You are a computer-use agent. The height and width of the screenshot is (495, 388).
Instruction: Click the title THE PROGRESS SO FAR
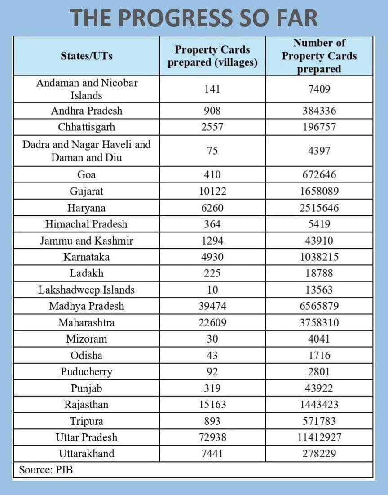194,18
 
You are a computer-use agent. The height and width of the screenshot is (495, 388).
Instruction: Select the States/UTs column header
87,56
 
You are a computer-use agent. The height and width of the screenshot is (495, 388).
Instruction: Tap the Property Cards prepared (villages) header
212,56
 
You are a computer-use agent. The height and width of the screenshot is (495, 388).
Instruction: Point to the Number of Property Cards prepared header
319,56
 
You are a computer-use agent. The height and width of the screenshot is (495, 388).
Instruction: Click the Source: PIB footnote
46,470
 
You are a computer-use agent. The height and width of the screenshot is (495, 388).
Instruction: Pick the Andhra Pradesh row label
87,111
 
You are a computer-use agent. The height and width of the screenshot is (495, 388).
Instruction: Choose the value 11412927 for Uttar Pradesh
319,437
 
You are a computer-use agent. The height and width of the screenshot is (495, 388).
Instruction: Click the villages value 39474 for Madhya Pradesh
212,307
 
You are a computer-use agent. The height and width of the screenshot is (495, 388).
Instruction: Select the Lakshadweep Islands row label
87,290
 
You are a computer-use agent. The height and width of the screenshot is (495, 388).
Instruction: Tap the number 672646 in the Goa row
319,175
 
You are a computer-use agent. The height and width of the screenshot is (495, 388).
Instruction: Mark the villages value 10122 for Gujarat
212,192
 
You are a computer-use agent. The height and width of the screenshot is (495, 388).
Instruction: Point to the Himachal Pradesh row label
87,224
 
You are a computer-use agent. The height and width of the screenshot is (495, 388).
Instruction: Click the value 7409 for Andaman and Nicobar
319,89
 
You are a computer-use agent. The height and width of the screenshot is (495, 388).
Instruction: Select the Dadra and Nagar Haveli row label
87,151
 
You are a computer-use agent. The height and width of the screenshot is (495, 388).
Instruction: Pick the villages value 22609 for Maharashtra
212,323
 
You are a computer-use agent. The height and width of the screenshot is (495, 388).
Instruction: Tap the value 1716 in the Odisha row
319,356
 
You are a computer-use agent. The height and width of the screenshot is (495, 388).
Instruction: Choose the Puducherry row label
87,372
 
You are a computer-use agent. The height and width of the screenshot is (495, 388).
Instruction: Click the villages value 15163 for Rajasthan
212,405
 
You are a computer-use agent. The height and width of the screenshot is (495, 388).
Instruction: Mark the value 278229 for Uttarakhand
319,454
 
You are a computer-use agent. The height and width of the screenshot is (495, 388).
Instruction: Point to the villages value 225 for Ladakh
212,273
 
